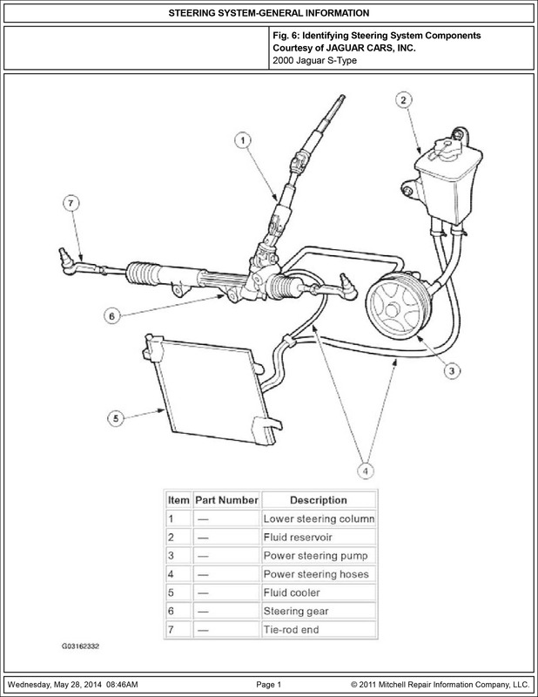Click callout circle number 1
click(x=243, y=140)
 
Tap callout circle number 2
click(x=403, y=100)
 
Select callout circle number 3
click(x=452, y=371)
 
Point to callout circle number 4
click(x=366, y=470)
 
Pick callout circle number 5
click(x=116, y=418)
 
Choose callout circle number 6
click(x=112, y=316)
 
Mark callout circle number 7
click(x=71, y=204)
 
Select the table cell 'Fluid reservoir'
click(x=319, y=537)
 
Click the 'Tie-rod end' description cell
click(x=319, y=629)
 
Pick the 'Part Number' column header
click(x=226, y=500)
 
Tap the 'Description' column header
click(x=319, y=500)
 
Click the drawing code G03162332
click(x=80, y=646)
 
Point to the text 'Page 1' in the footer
click(x=269, y=685)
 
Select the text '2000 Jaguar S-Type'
click(x=314, y=60)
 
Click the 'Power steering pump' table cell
click(x=319, y=556)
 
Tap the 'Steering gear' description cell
click(x=319, y=612)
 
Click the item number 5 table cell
click(x=178, y=592)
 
